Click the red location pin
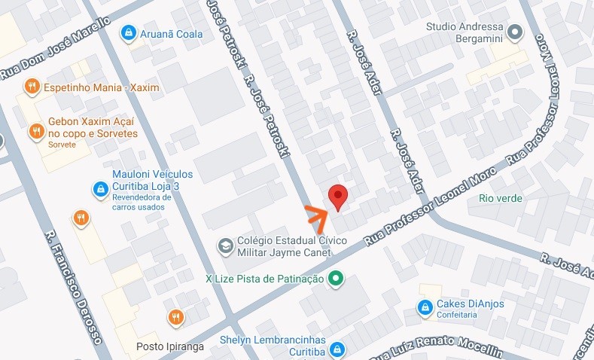[x=339, y=196]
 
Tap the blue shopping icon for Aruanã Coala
[x=129, y=34]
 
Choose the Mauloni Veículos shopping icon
[x=99, y=188]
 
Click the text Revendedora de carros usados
[x=142, y=203]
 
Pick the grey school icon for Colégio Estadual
[x=224, y=246]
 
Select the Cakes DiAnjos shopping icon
[x=425, y=308]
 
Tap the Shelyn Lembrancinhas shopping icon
[x=337, y=349]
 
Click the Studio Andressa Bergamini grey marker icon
[x=515, y=32]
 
